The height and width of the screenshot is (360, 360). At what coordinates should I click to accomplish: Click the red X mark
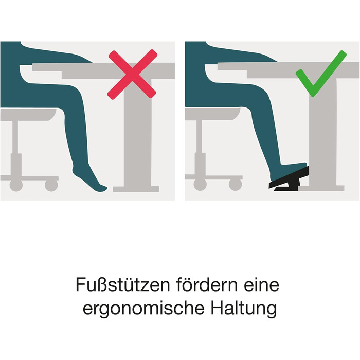tap(133, 75)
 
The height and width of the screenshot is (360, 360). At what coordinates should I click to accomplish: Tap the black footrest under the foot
tap(290, 179)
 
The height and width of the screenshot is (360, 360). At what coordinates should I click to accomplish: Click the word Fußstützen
tap(122, 285)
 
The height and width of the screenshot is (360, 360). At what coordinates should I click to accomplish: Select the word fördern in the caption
tap(207, 285)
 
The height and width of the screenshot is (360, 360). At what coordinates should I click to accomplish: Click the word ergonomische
tap(143, 308)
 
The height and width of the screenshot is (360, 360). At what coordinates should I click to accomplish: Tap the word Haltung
tap(244, 308)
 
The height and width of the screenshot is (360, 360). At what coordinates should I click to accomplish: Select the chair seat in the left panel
tap(28, 114)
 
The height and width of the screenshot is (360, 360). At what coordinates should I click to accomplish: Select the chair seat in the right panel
tap(212, 114)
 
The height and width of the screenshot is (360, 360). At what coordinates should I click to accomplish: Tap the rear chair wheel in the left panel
tap(16, 185)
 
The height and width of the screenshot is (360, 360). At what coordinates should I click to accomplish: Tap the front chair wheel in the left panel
tap(51, 185)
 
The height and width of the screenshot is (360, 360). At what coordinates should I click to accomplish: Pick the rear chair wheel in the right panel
tap(200, 185)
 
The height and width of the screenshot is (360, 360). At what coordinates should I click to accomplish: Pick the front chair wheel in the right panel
tap(236, 185)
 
